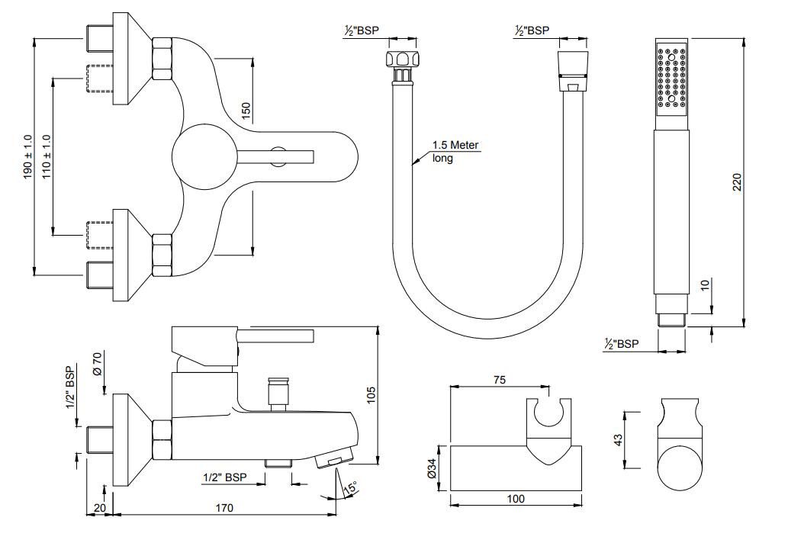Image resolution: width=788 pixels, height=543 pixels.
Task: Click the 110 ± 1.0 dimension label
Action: point(47,156)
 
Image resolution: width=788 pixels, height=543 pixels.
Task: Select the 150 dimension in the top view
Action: point(245,111)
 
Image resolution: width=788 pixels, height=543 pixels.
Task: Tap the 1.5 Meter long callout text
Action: point(455,152)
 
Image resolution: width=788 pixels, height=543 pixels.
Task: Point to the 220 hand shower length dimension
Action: point(737,182)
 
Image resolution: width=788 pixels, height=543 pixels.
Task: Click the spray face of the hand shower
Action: point(672,77)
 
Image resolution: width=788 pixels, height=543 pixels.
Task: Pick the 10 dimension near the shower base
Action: point(705,284)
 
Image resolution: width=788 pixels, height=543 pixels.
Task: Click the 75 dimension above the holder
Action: point(499,380)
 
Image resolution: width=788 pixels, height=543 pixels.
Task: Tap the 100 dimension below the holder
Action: point(516,499)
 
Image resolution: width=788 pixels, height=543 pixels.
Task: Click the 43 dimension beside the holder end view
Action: point(618,439)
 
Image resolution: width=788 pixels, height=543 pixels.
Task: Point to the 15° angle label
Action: point(352,487)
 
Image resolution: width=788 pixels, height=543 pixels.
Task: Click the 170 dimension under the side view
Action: point(224,508)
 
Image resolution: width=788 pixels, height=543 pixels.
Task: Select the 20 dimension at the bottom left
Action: point(100,508)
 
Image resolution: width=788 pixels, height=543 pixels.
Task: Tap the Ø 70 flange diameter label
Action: point(97,364)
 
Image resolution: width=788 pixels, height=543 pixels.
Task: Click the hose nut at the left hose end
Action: point(401,59)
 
